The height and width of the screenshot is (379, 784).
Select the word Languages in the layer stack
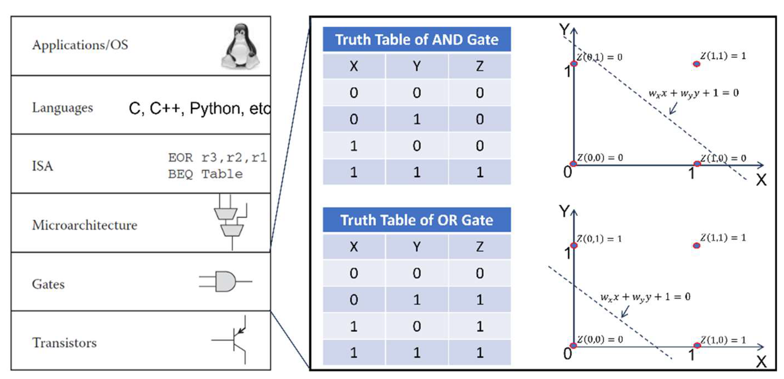[x=62, y=108]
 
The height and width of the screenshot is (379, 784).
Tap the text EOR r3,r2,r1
[x=218, y=158]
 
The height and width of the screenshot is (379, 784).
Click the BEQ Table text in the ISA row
[x=206, y=174]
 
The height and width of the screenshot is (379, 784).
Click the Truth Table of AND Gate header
[x=417, y=39]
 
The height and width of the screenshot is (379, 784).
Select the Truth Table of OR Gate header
[x=417, y=220]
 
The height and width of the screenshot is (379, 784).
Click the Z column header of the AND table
[x=480, y=66]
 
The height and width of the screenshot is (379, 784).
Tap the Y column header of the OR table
[x=417, y=247]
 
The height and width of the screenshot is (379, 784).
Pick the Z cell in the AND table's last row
[x=480, y=172]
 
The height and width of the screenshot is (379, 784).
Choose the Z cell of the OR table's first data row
[x=480, y=273]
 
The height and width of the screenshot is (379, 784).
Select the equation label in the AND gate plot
[x=693, y=93]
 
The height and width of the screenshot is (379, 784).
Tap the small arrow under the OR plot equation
[x=625, y=312]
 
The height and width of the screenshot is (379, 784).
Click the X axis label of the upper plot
[x=761, y=180]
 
